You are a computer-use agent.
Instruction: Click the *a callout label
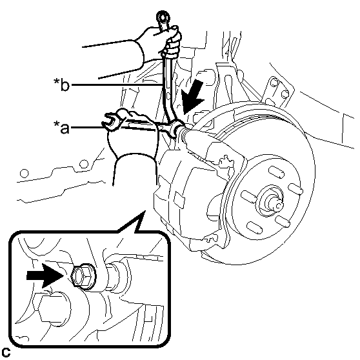[61, 127]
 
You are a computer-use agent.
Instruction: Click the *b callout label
[61, 85]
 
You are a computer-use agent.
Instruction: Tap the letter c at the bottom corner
[6, 352]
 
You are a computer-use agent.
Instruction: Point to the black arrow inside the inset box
[45, 275]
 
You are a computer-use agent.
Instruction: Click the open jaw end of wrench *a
[111, 122]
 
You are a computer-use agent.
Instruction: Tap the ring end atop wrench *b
[163, 17]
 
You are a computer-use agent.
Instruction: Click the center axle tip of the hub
[277, 205]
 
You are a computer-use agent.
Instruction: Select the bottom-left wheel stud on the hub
[254, 228]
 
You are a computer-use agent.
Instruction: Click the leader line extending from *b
[117, 85]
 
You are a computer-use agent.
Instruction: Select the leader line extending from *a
[114, 127]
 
